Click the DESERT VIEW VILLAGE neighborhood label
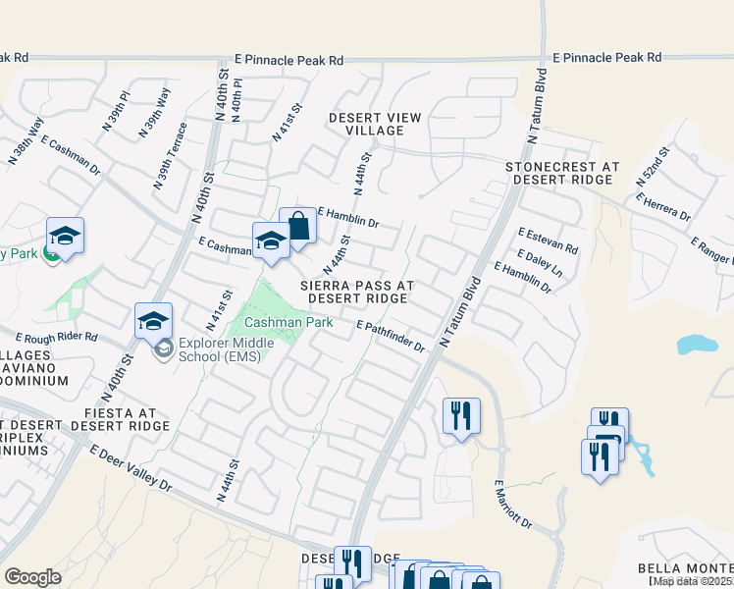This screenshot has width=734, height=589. tap(375, 124)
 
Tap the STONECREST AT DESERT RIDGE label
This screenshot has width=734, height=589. tap(563, 174)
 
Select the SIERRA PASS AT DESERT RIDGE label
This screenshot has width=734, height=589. tap(357, 291)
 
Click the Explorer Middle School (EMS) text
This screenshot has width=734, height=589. tap(220, 350)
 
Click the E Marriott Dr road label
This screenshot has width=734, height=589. tap(512, 505)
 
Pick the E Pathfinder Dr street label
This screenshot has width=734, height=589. tap(391, 337)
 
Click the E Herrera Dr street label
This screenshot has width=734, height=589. tap(662, 206)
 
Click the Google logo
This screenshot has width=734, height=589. tap(32, 576)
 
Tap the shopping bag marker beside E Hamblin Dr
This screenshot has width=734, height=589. tap(298, 227)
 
